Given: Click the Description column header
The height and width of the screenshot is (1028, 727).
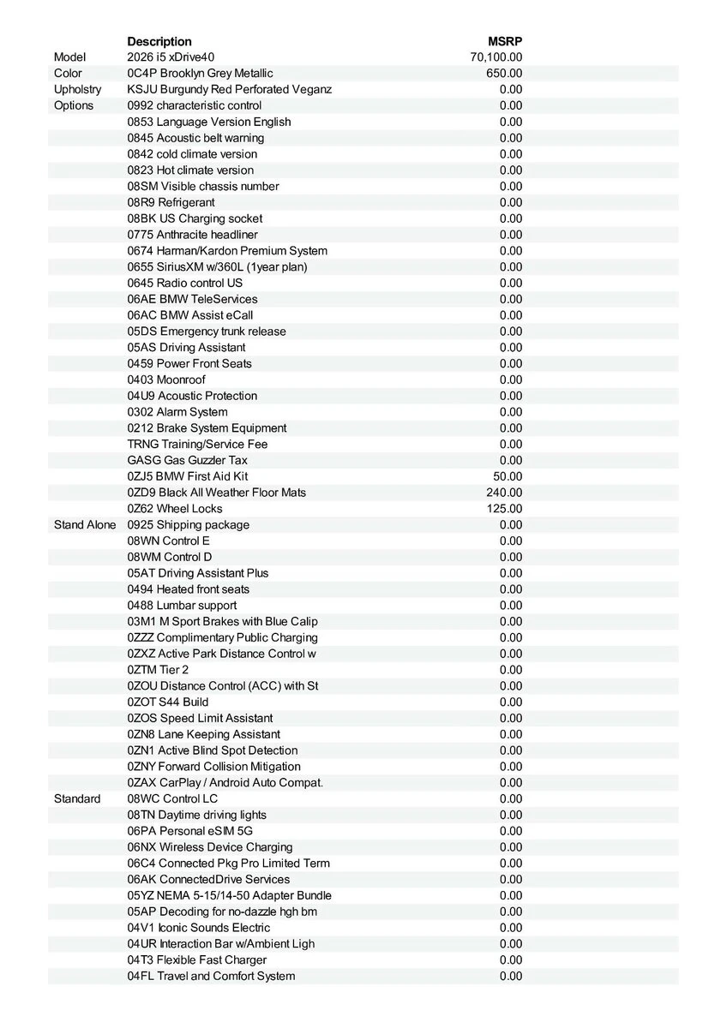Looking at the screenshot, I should [x=159, y=41].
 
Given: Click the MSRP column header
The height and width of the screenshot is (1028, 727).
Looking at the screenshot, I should [x=505, y=41].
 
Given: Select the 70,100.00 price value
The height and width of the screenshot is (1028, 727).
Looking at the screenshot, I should [x=496, y=57].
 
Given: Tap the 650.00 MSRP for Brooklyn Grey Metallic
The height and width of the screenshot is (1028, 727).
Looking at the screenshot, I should [x=504, y=74].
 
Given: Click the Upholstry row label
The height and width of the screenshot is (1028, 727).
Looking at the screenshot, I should [x=77, y=89].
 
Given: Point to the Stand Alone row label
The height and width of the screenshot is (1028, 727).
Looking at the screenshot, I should [x=85, y=524].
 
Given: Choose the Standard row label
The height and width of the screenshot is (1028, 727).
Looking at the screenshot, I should [x=77, y=798].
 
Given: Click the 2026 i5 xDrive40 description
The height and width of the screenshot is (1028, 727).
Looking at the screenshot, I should [x=171, y=57].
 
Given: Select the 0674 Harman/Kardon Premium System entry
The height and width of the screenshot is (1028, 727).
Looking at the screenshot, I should [x=227, y=251].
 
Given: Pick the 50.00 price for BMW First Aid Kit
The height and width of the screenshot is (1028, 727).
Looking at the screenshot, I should [x=508, y=476].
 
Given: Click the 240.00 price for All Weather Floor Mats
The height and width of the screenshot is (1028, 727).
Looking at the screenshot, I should [x=504, y=493].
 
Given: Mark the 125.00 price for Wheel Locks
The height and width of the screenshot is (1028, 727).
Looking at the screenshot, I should [x=504, y=509].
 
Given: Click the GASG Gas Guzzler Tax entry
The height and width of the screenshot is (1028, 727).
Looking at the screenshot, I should [x=188, y=460].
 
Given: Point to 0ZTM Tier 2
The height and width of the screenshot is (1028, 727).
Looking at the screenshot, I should [x=158, y=670].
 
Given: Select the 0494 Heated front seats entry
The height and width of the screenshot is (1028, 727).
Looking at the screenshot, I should [x=189, y=589].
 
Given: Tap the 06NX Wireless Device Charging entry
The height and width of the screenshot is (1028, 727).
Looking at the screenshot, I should [x=210, y=847].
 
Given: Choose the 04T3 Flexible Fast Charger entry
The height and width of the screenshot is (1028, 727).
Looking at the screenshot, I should [x=197, y=960].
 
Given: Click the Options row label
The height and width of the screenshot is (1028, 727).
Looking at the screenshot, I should [x=74, y=105].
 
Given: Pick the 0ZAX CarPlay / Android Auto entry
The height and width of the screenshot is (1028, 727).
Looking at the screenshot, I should [x=225, y=783].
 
